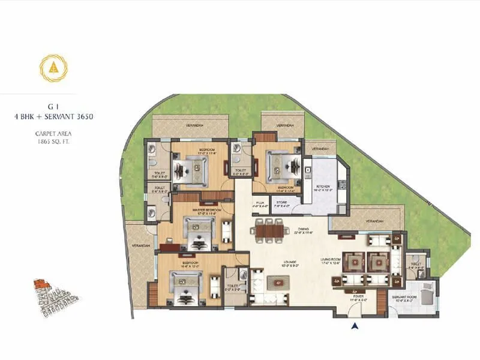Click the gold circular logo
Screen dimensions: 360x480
pyautogui.click(x=53, y=68)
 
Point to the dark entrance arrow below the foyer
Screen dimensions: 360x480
pyautogui.click(x=355, y=326)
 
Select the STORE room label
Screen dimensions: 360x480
pyautogui.click(x=282, y=203)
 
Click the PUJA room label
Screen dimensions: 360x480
pyautogui.click(x=260, y=203)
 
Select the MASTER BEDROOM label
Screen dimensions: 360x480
pyautogui.click(x=206, y=209)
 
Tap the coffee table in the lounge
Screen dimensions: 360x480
pyautogui.click(x=278, y=281)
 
